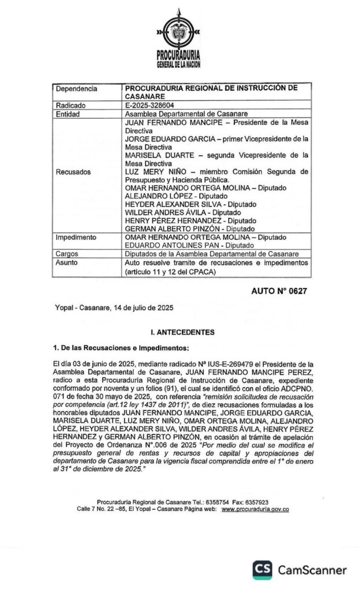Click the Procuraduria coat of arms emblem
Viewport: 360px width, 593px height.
coord(179,32)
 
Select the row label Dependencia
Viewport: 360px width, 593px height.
coord(76,89)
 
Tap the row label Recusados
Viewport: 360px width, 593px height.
coord(74,172)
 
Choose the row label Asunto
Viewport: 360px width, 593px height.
coord(67,262)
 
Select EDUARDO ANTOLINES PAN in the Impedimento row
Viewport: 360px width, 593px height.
coord(167,246)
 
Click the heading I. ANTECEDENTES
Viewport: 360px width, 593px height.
coord(182,332)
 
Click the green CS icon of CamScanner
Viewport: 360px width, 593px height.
coord(262,570)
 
